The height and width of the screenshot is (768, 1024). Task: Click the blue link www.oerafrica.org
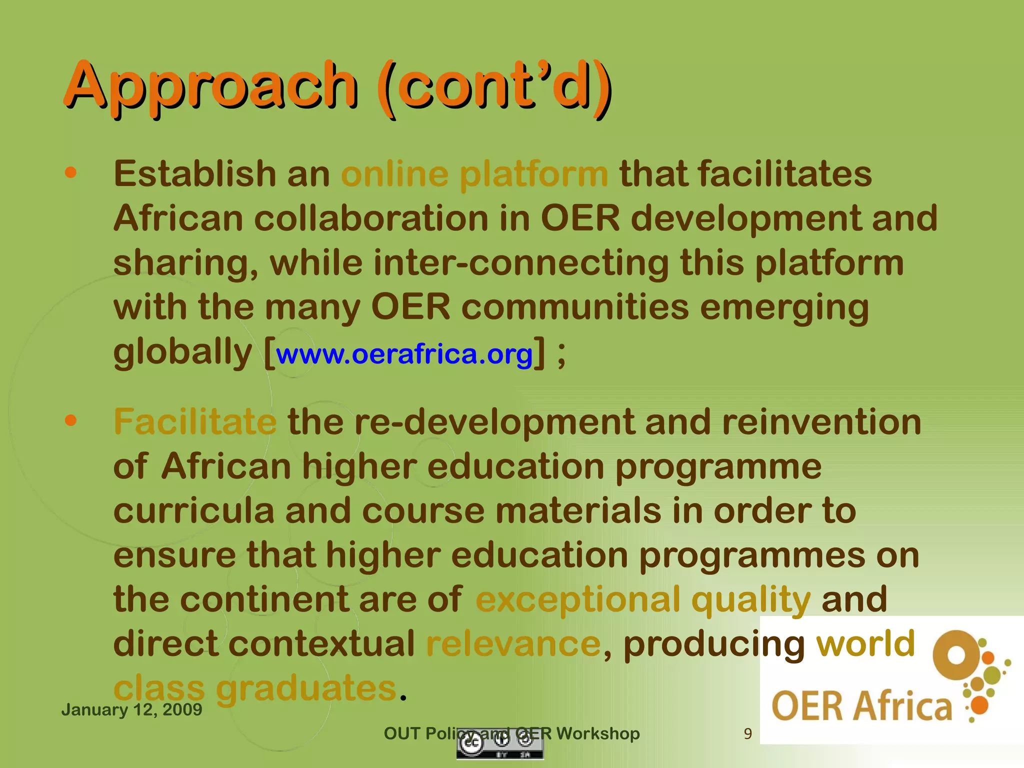pos(404,354)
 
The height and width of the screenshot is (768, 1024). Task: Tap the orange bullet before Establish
pos(71,173)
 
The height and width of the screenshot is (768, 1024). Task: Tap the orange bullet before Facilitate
pos(71,420)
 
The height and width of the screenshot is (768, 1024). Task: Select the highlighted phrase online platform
pos(474,174)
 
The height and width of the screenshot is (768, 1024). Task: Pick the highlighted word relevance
pos(513,643)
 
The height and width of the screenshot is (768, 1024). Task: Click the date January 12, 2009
pos(131,709)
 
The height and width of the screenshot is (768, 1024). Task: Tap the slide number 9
pos(747,733)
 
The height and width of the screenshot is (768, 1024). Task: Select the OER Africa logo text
pos(861,706)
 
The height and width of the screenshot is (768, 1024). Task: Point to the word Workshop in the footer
pos(598,733)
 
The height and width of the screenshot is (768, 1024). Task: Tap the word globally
pos(182,352)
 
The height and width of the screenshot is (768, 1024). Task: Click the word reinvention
pos(821,421)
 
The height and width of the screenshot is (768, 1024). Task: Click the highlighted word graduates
pos(306,688)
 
